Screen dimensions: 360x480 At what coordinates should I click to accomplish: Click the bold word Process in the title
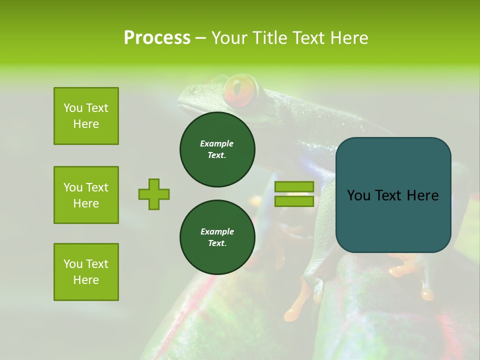(x=157, y=38)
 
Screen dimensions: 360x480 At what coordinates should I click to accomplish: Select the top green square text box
(x=86, y=116)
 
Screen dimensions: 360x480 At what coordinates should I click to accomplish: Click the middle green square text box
(x=86, y=195)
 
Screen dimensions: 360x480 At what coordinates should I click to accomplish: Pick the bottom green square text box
(x=86, y=272)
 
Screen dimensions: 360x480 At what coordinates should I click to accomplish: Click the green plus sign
(x=154, y=194)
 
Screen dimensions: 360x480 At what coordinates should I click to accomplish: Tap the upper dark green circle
(x=217, y=149)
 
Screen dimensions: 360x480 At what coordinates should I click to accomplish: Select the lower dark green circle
(x=217, y=237)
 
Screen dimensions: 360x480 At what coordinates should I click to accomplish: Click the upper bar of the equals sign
(x=294, y=186)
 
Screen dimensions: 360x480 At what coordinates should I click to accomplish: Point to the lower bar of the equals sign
(x=294, y=201)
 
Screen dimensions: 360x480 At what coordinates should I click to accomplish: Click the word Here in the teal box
(x=422, y=195)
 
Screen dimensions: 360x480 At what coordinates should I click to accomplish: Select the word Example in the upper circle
(x=217, y=143)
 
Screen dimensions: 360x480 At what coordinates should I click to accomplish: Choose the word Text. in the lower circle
(x=217, y=243)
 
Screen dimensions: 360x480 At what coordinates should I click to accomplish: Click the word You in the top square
(x=72, y=108)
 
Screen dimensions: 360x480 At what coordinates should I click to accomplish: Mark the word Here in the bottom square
(x=86, y=280)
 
